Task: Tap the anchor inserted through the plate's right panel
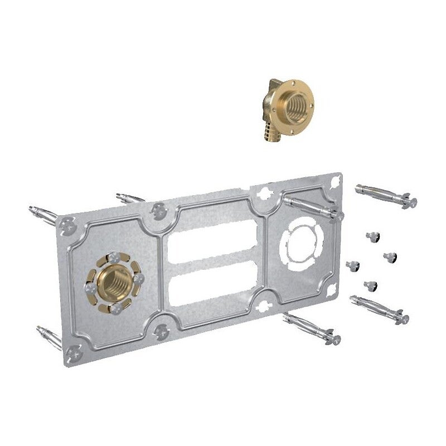312,206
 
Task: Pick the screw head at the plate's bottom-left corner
71,352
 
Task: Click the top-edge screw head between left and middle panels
159,210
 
